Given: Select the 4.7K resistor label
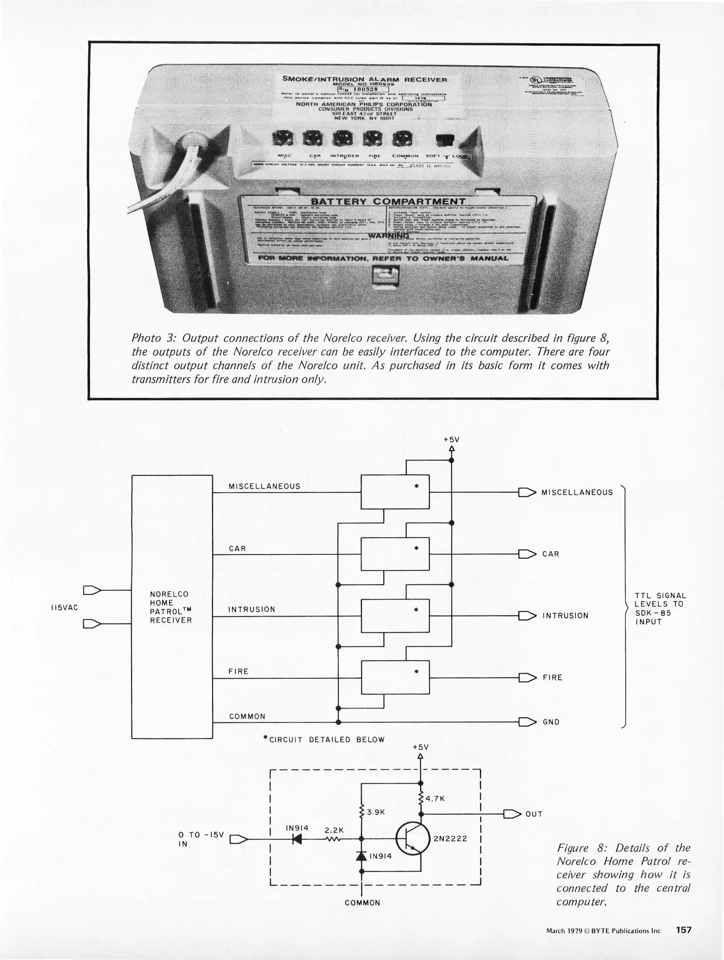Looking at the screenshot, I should [435, 799].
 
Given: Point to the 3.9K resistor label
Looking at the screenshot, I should [375, 812].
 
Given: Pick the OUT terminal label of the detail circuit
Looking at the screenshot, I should [534, 814].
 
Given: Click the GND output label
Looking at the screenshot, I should [551, 722].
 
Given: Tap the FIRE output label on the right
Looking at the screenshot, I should [552, 678].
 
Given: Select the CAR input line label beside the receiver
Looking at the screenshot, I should [237, 549].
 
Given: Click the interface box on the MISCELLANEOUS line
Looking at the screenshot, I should [395, 492].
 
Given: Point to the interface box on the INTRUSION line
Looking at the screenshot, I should [395, 616].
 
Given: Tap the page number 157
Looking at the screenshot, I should [684, 930].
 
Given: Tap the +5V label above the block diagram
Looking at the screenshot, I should [451, 440].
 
